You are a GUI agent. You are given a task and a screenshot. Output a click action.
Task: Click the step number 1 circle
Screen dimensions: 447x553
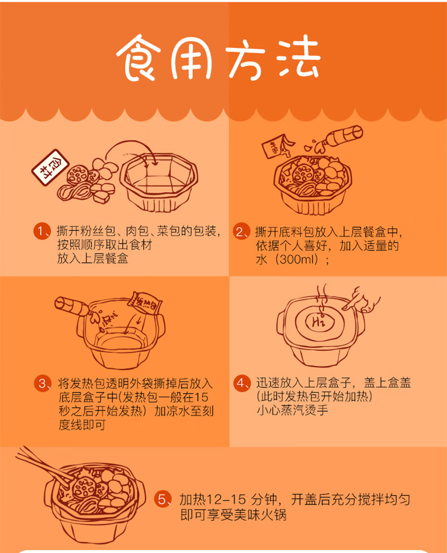[42, 231]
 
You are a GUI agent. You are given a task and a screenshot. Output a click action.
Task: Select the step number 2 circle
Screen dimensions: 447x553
[241, 232]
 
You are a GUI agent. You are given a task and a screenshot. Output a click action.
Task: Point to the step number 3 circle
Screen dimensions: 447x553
[42, 383]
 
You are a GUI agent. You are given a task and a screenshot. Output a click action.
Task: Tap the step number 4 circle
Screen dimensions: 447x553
[242, 383]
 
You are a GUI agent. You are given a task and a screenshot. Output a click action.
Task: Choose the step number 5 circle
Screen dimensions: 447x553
[162, 499]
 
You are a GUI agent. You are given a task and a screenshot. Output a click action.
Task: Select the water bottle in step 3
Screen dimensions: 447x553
[72, 306]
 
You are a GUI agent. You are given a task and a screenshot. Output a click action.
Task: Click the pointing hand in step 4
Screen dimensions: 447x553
[362, 300]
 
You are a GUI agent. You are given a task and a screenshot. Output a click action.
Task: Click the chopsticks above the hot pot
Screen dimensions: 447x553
[42, 464]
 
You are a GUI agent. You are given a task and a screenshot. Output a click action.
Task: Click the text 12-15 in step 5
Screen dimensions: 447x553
[226, 500]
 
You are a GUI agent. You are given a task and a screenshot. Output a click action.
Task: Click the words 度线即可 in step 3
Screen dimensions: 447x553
[82, 425]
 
